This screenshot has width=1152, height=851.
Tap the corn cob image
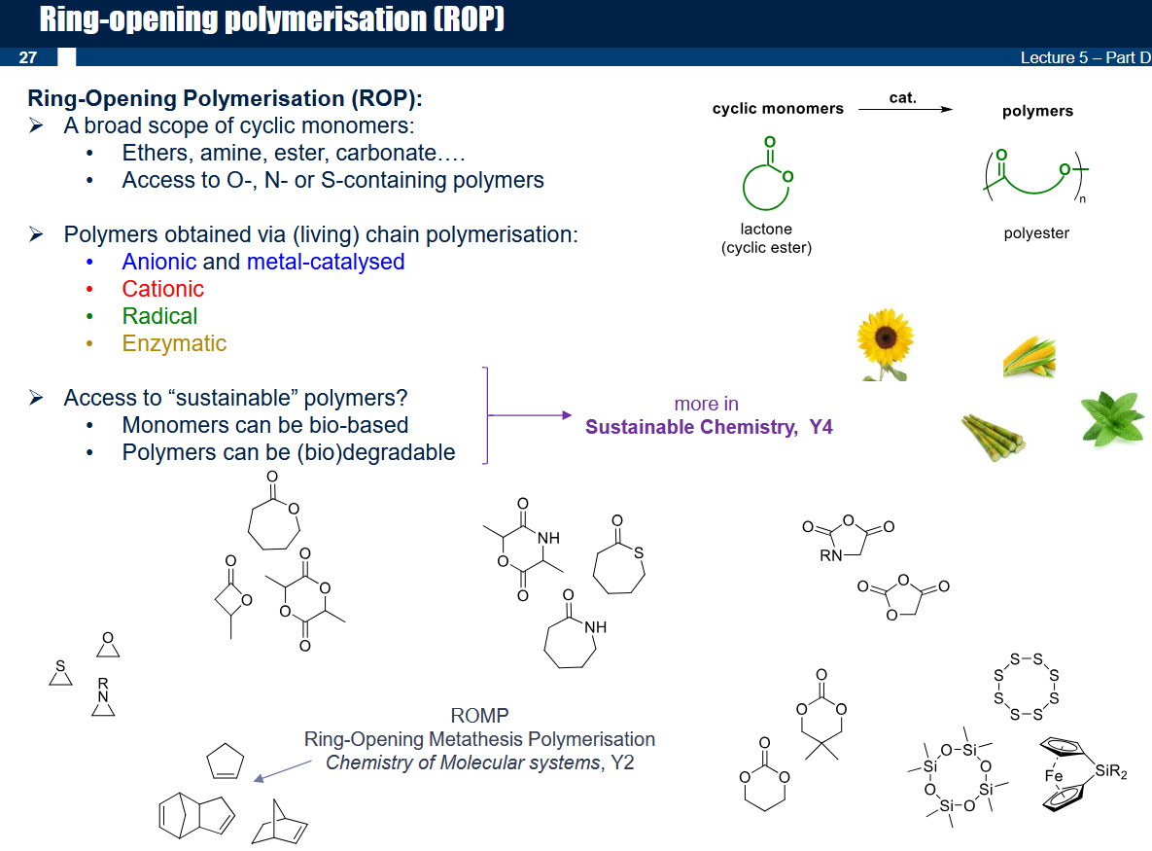tap(1029, 357)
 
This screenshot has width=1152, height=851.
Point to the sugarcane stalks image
tap(993, 437)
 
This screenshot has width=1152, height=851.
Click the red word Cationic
tap(162, 289)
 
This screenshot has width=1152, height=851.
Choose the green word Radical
tap(159, 316)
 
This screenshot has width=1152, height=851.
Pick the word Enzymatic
tap(174, 343)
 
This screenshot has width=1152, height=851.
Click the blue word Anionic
tap(158, 262)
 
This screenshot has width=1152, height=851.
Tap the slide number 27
tap(28, 57)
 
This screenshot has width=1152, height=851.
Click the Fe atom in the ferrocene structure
tap(1054, 776)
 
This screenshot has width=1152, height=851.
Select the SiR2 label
tap(1111, 771)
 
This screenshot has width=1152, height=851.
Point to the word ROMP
tap(479, 716)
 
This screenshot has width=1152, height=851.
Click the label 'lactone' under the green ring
tap(766, 230)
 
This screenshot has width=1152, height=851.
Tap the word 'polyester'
tap(1036, 233)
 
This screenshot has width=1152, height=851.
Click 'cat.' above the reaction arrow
tap(903, 97)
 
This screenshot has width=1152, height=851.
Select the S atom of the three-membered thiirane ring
tap(60, 665)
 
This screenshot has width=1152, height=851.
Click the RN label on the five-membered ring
tap(831, 555)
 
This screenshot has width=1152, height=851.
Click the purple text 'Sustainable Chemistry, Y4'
tap(709, 427)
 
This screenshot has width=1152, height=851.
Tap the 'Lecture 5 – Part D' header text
tap(1085, 57)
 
